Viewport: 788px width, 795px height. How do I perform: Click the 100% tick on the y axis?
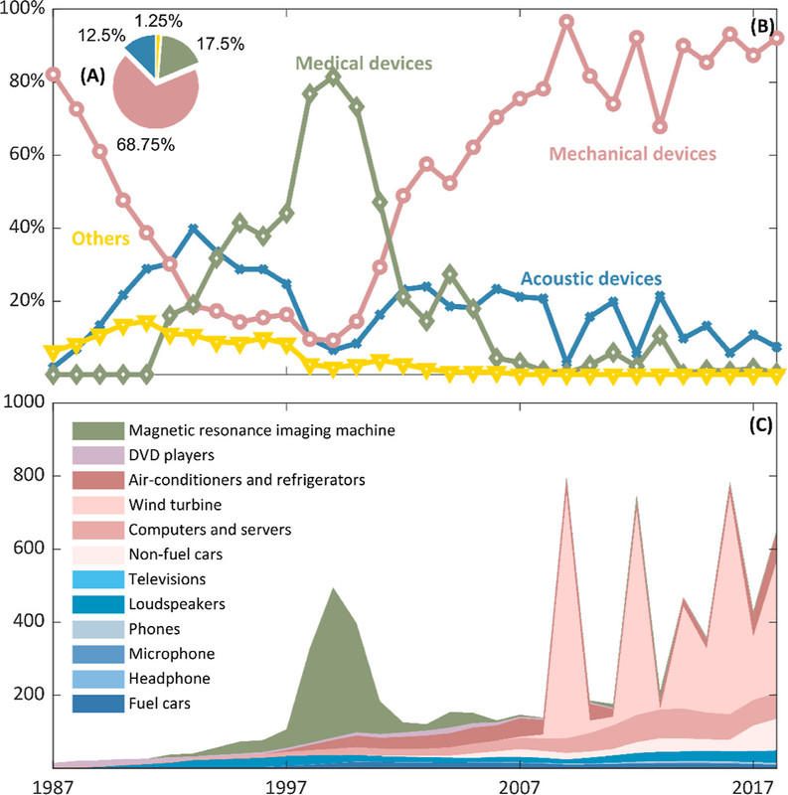tap(22, 9)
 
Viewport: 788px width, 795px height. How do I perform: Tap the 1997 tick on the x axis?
tap(286, 784)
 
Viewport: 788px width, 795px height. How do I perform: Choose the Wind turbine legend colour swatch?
tap(96, 504)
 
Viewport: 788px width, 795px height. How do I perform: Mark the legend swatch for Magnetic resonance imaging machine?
tap(96, 430)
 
